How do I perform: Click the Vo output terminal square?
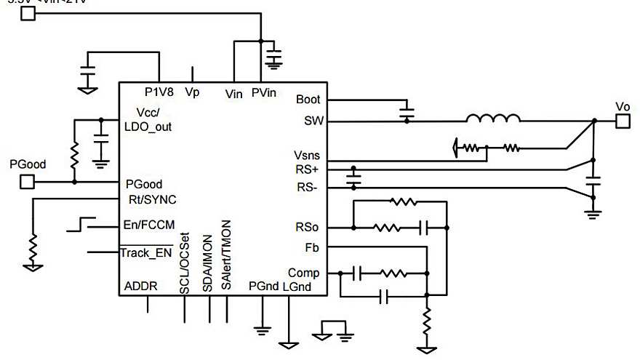pyautogui.click(x=623, y=121)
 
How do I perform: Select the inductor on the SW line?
pyautogui.click(x=493, y=118)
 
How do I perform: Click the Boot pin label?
pyautogui.click(x=308, y=100)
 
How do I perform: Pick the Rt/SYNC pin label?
pyautogui.click(x=151, y=199)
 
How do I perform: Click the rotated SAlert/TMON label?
pyautogui.click(x=226, y=255)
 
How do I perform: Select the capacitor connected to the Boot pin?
pyautogui.click(x=407, y=112)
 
